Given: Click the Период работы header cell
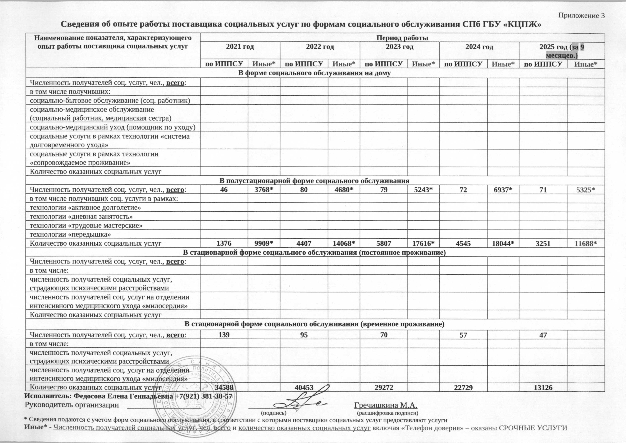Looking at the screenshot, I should click(x=402, y=38).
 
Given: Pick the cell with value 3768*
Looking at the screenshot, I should click(x=264, y=190).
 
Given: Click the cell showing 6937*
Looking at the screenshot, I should click(x=503, y=190).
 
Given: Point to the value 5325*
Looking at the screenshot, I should click(x=586, y=190).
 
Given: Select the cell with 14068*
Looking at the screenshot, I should click(x=344, y=243).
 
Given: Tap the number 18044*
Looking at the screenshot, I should click(x=503, y=243).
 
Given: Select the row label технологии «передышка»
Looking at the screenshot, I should click(x=70, y=234).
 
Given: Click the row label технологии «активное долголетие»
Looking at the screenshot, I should click(x=85, y=208).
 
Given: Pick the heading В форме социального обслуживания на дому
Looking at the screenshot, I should click(x=315, y=73).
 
